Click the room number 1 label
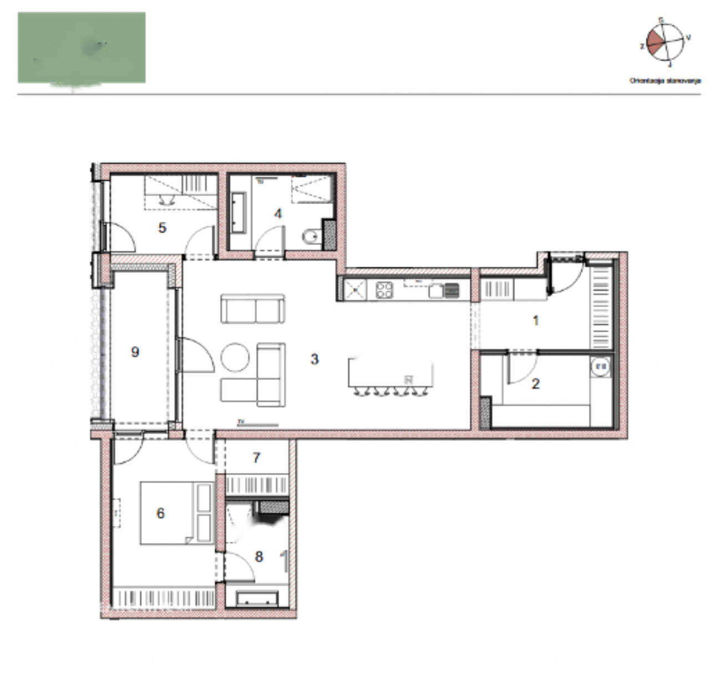click(535, 320)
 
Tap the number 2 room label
click(535, 383)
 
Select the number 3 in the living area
click(315, 359)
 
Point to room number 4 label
click(278, 213)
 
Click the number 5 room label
click(162, 227)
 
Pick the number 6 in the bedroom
click(160, 513)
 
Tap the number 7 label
click(256, 457)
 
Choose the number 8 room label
click(258, 556)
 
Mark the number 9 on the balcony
click(135, 352)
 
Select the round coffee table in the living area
click(236, 358)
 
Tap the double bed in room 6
click(176, 513)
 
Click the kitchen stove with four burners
click(384, 289)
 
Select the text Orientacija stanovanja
click(665, 80)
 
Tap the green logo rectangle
click(82, 48)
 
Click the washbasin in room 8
click(257, 599)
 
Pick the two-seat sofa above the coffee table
click(253, 308)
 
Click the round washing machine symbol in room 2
click(600, 366)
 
